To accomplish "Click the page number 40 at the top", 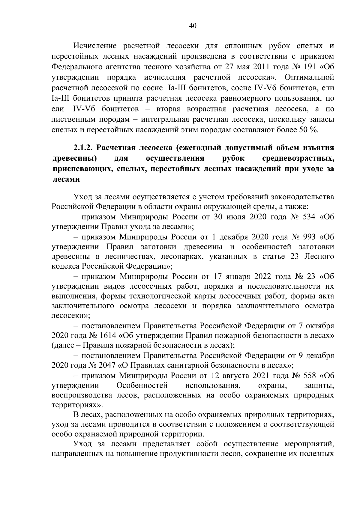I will pyautogui.click(x=193, y=26).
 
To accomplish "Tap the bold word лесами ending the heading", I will pyautogui.click(x=66, y=179).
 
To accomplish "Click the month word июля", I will pyautogui.click(x=232, y=217).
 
